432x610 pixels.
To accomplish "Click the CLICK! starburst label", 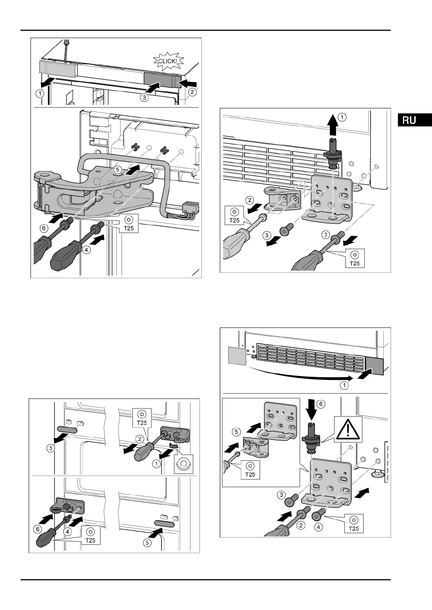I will (168, 61).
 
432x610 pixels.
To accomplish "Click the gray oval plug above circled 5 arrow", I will (164, 523).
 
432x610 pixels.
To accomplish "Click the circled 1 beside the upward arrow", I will (342, 117).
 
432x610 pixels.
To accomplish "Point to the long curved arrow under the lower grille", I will (297, 377).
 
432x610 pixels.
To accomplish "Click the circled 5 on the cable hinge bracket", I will (117, 169).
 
